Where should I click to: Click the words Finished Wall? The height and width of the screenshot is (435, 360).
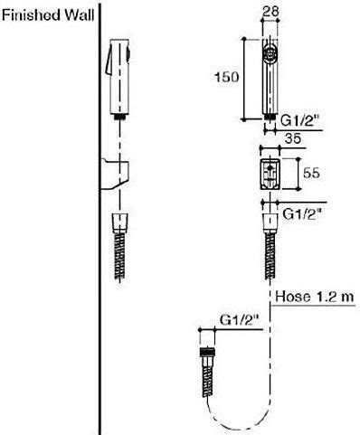click(48, 15)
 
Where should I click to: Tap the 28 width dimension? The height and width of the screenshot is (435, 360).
click(270, 12)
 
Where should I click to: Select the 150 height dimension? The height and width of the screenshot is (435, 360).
click(226, 77)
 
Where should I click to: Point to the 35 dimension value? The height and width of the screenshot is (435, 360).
click(293, 138)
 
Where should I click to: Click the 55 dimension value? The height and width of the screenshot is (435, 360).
click(311, 173)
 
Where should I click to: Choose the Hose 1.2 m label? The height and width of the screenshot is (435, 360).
click(314, 297)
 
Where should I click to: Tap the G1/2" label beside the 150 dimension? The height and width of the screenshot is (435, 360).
click(299, 121)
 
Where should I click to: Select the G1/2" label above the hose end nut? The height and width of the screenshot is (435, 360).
click(239, 320)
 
